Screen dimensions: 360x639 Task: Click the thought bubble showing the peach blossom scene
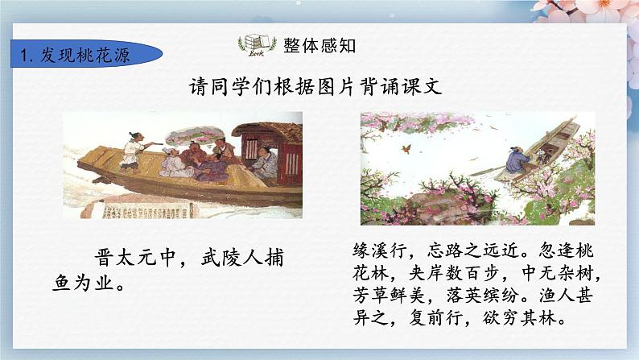click(195, 134)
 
